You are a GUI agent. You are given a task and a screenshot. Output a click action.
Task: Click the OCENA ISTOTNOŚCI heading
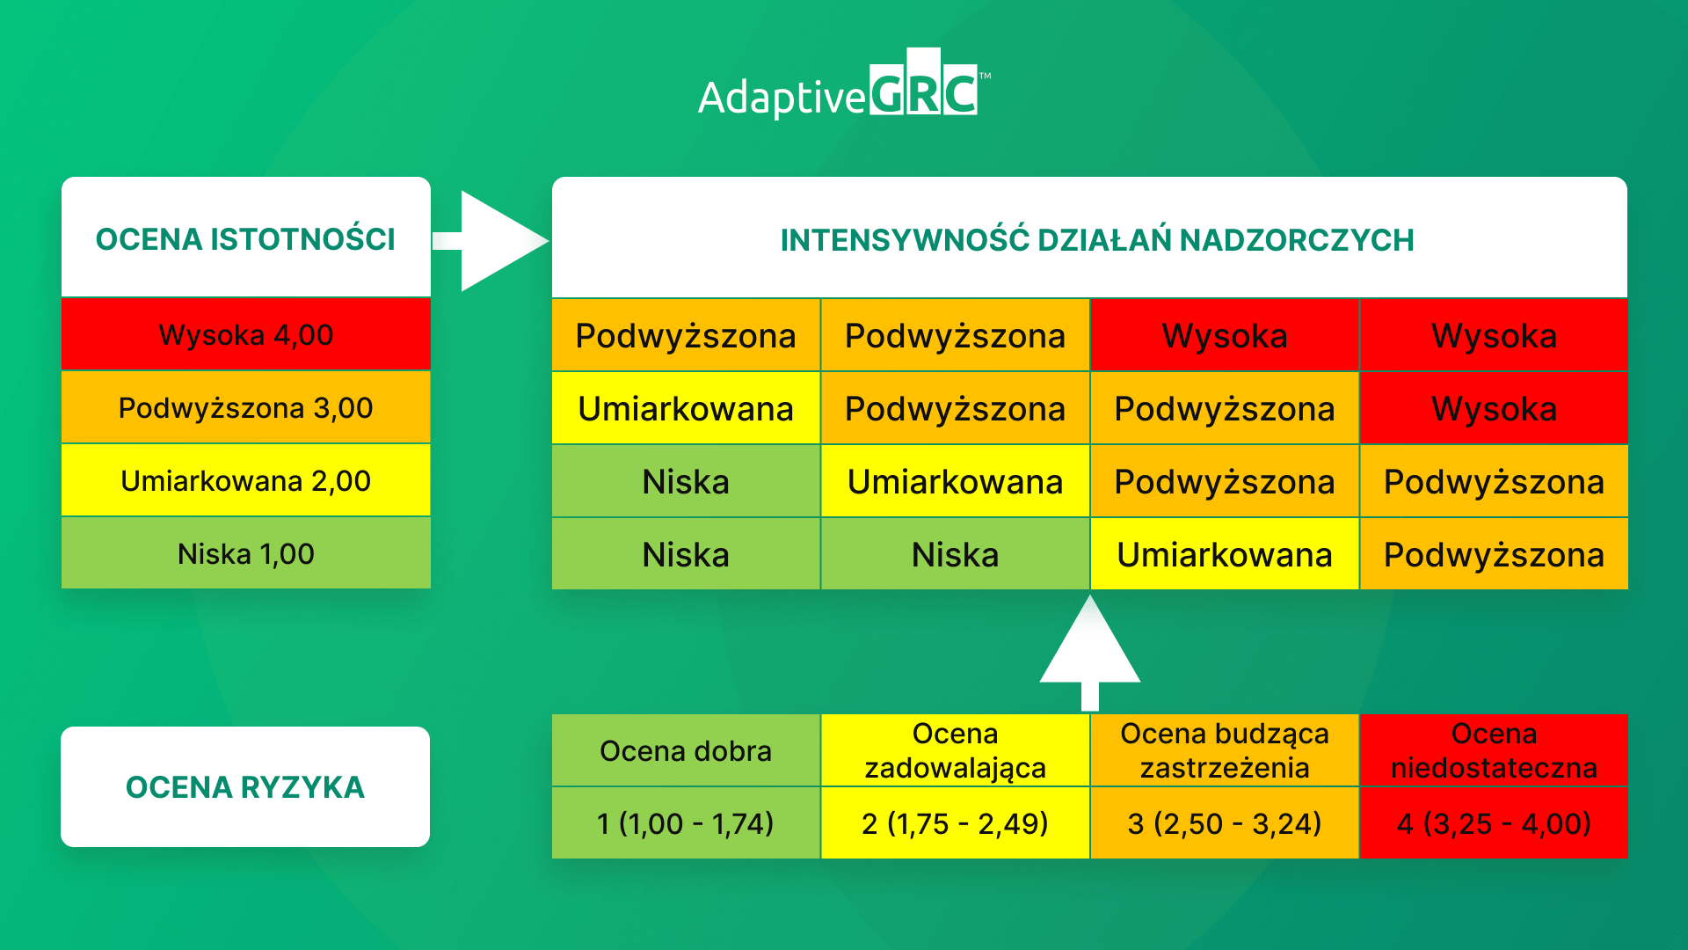coord(245,238)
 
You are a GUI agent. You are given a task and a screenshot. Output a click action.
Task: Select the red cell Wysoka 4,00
coord(245,334)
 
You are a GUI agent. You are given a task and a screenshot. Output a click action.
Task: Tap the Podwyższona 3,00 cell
coord(245,407)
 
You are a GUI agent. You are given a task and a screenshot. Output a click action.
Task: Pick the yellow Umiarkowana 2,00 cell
coord(245,480)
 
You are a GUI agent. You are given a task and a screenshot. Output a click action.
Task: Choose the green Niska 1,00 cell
coord(245,553)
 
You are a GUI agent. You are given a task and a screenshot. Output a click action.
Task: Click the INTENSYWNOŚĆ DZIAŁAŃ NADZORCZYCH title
coord(1096,239)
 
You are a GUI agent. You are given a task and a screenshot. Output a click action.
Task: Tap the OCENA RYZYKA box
coord(245,786)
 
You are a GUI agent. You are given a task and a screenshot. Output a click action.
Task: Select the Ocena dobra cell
coord(686,750)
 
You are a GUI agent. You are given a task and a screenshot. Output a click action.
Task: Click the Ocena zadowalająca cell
coord(955,750)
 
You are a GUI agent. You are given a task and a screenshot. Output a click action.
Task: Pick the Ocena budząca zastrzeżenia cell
coord(1224,750)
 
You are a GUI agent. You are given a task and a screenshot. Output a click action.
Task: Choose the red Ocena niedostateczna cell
coord(1493,750)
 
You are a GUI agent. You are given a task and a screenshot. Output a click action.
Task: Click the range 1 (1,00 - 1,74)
coord(686,823)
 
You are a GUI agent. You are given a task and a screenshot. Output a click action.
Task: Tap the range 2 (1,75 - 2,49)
coord(955,823)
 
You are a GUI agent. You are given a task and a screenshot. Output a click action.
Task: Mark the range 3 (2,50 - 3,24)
coord(1224,823)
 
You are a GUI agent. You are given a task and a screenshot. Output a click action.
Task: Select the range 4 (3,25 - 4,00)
coord(1493,823)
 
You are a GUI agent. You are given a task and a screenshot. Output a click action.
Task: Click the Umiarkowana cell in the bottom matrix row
coord(1224,554)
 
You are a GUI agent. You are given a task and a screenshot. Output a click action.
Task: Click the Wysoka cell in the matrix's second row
coord(1493,408)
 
